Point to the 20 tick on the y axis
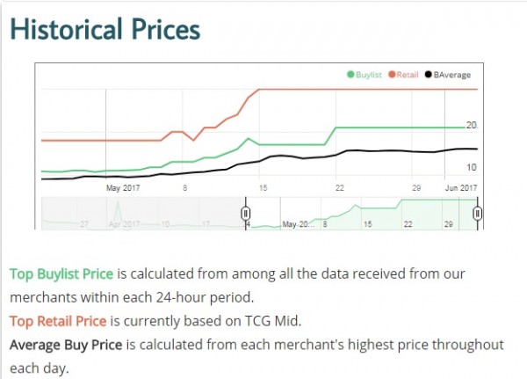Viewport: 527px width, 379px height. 471,125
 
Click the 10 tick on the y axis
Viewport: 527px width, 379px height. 471,167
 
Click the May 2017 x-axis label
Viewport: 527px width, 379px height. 123,187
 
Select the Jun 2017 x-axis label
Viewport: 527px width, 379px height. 459,187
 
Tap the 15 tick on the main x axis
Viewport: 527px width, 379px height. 263,187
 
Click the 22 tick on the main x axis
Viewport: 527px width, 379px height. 339,187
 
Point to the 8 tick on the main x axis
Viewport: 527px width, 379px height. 185,187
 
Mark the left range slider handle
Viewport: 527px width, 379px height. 246,213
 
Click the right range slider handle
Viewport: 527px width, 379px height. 477,213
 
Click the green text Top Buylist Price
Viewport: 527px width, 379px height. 61,273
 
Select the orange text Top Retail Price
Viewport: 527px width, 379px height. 58,320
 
